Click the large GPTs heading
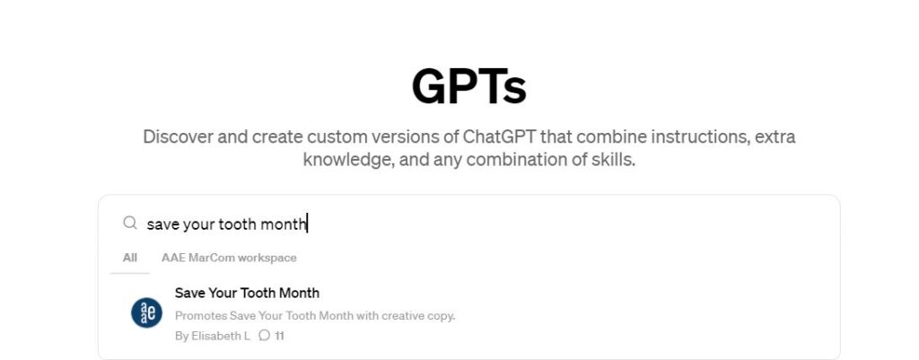468,87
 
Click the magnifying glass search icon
130,223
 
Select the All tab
130,258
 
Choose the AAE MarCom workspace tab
229,258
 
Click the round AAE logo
146,312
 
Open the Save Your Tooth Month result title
248,293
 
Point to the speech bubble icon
265,336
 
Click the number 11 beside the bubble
280,336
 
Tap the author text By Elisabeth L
212,336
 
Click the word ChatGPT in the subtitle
499,137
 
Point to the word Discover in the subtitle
179,137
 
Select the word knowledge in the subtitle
349,160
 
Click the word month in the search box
284,224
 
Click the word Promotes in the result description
200,316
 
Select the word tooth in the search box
237,224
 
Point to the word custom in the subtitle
342,137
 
